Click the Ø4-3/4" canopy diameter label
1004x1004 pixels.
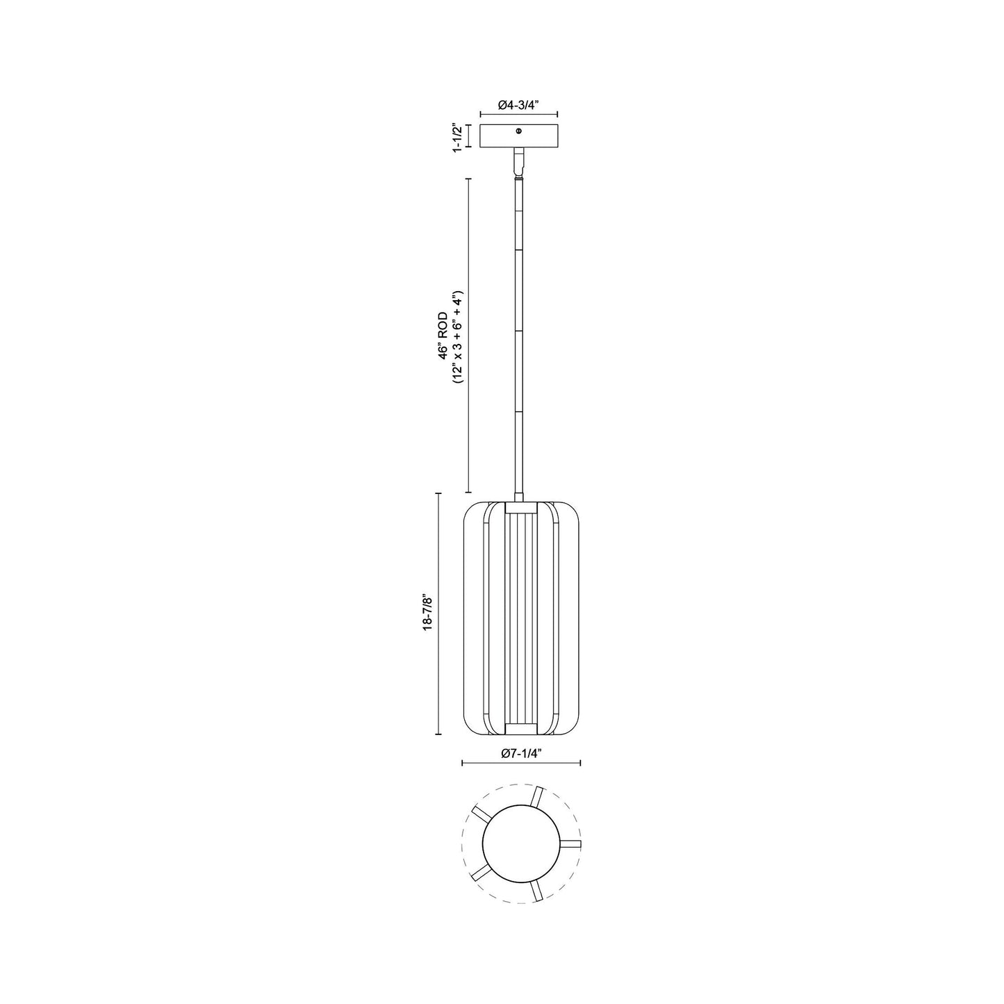(x=520, y=105)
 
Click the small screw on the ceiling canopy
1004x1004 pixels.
(x=519, y=131)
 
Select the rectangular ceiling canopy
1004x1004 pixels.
(x=520, y=136)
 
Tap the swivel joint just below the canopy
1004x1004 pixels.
(x=519, y=163)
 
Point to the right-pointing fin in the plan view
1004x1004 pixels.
(x=570, y=843)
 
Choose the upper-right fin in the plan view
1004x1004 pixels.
(x=536, y=797)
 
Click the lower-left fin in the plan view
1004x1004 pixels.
(x=480, y=873)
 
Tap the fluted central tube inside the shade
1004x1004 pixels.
(x=520, y=616)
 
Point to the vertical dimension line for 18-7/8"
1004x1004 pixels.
(x=438, y=614)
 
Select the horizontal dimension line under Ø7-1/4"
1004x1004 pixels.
(x=521, y=763)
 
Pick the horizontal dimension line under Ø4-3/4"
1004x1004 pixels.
(x=520, y=115)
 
